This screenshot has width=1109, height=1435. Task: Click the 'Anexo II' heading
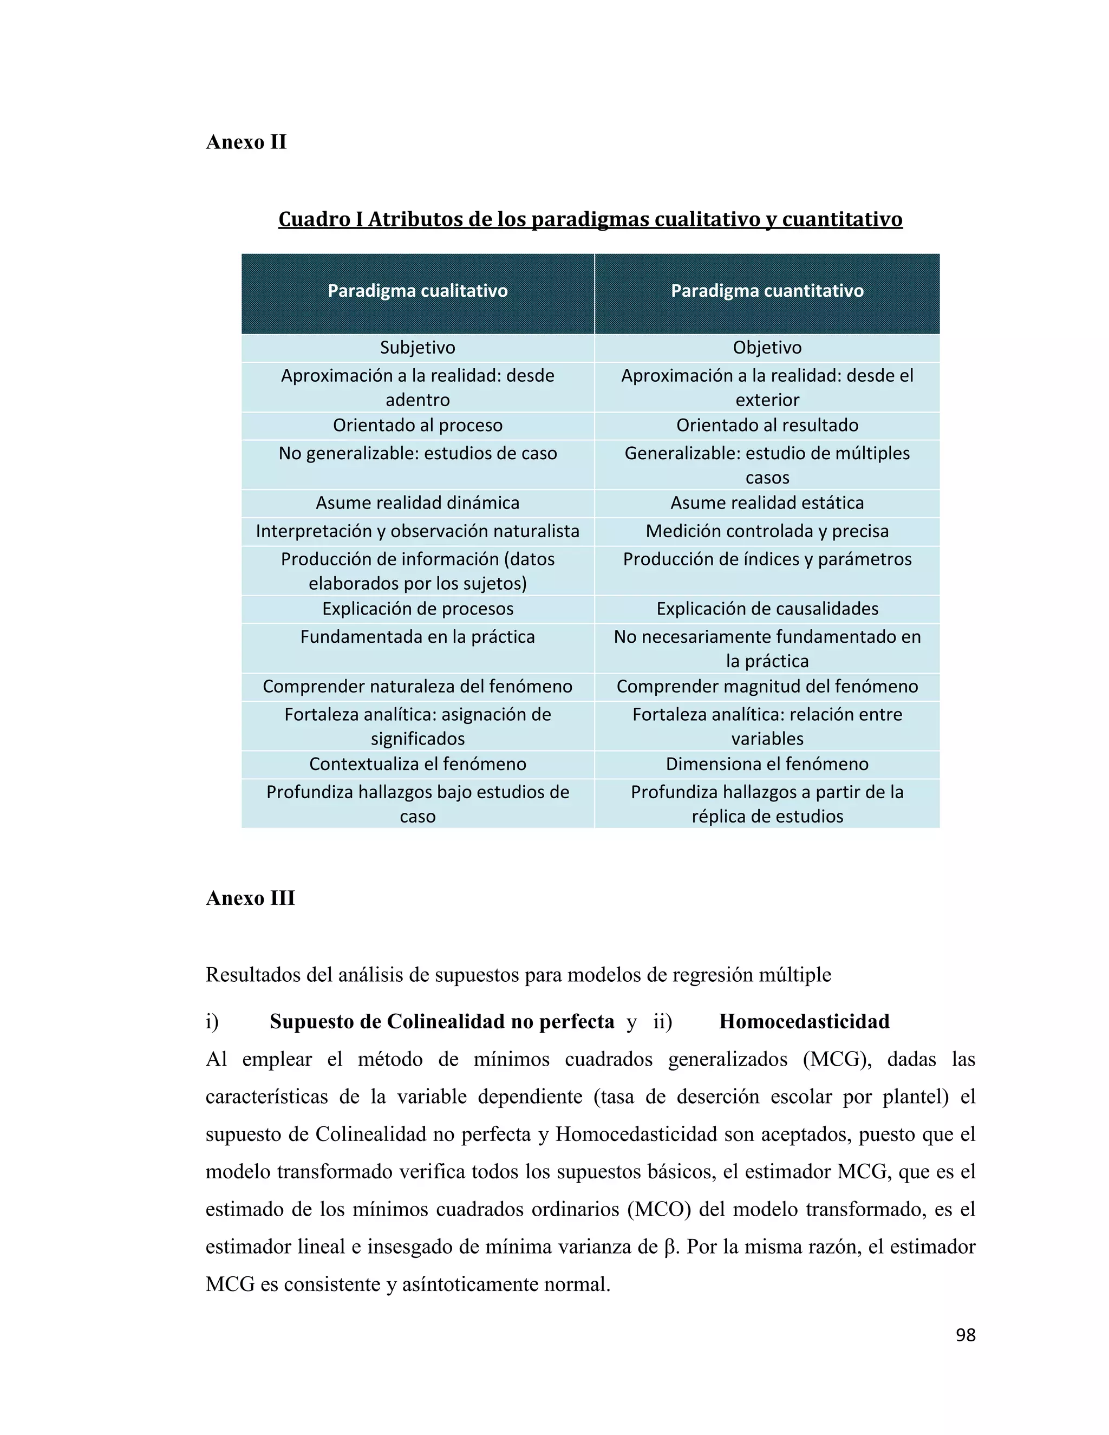click(x=246, y=142)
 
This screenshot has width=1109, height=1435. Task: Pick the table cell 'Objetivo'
click(x=767, y=348)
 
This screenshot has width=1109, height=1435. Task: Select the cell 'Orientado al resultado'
click(x=767, y=425)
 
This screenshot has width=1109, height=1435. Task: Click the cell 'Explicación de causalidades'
click(x=767, y=609)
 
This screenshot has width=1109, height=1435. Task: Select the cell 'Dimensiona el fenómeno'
click(x=767, y=764)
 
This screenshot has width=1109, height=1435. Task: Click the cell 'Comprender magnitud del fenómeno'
click(x=767, y=686)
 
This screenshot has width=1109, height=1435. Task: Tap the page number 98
click(x=965, y=1335)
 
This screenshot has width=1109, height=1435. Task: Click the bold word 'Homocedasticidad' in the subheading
click(x=804, y=1021)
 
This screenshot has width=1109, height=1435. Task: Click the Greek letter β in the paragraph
click(x=670, y=1247)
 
